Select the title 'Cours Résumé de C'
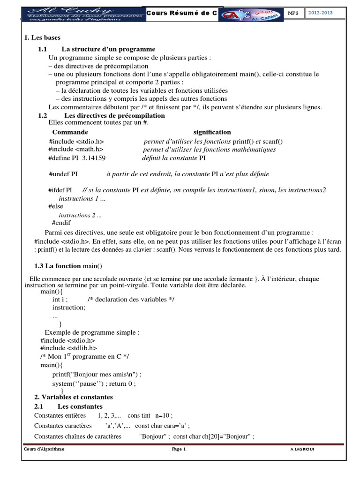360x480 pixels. [x=182, y=14]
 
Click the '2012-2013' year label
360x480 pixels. [x=321, y=13]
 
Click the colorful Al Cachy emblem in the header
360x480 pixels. [x=251, y=14]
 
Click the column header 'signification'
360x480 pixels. [x=212, y=132]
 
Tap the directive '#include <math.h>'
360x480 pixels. [x=75, y=150]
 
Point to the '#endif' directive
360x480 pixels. [x=61, y=223]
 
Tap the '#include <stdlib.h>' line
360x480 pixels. [x=69, y=348]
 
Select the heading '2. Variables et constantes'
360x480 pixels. [x=74, y=397]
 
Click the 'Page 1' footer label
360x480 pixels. [x=179, y=449]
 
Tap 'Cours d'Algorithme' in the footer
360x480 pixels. [x=45, y=449]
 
